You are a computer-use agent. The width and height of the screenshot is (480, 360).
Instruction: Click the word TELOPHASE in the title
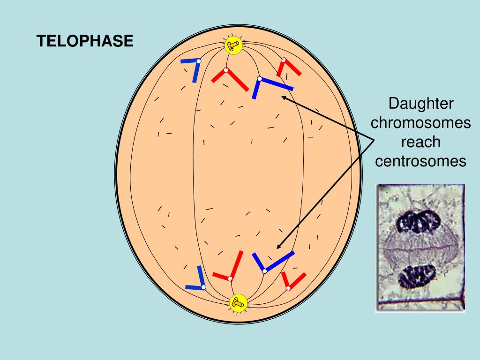click(x=85, y=42)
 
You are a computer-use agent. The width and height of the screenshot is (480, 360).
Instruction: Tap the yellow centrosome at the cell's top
click(x=232, y=45)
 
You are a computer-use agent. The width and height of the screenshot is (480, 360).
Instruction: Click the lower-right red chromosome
click(x=292, y=280)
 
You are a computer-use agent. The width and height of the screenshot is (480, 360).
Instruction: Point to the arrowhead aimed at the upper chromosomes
click(x=283, y=97)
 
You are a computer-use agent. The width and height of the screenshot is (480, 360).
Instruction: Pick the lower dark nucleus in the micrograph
click(x=415, y=276)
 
